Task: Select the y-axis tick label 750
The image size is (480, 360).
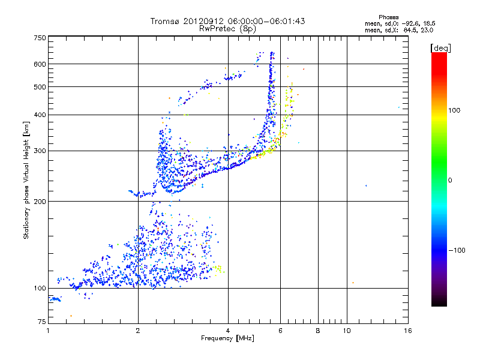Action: [40, 37]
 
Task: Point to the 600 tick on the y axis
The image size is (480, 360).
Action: [40, 64]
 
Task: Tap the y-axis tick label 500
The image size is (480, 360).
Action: [40, 87]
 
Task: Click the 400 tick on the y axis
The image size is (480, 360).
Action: [40, 115]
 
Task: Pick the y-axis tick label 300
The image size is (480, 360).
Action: [40, 151]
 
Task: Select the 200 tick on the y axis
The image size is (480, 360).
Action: [40, 202]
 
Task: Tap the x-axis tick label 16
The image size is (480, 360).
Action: [407, 331]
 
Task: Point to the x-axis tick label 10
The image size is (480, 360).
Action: [347, 331]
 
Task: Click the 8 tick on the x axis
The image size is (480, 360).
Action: [318, 331]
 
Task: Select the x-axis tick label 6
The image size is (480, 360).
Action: [280, 331]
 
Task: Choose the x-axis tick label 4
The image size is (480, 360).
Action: [228, 331]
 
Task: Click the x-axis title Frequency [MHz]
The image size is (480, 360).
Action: [228, 339]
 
